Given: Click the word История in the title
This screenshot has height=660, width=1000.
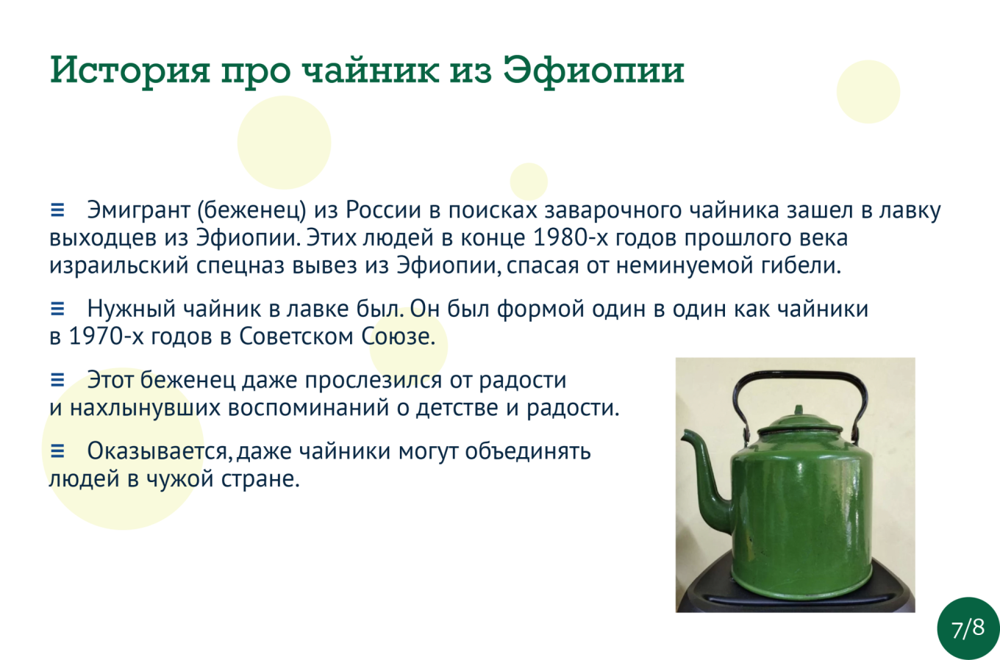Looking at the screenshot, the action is tap(130, 71).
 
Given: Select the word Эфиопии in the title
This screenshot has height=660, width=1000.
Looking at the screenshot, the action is tap(594, 71).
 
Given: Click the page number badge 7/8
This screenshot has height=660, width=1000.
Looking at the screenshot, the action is tap(968, 628).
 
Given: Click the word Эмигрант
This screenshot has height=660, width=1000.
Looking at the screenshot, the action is tap(139, 210).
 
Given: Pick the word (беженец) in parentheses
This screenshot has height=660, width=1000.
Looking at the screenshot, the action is tap(251, 211).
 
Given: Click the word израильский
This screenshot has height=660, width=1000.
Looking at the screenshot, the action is tap(119, 265).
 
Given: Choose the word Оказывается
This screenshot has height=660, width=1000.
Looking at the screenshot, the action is tap(160, 451).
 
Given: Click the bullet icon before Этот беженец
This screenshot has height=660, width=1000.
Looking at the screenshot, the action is tap(57, 380).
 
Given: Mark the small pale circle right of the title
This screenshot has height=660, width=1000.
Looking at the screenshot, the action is tap(868, 91).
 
